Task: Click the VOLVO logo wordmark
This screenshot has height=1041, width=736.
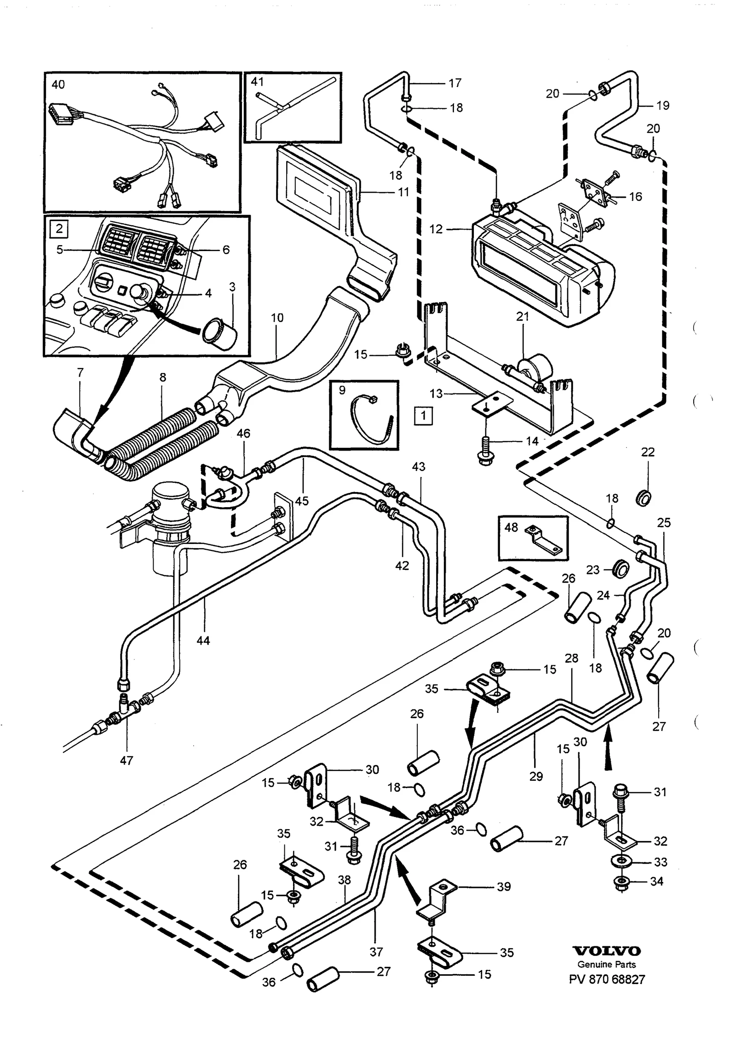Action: (606, 951)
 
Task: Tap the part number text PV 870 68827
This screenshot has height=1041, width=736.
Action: (607, 979)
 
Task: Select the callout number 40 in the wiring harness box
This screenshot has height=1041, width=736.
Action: (58, 85)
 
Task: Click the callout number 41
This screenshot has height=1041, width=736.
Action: (257, 82)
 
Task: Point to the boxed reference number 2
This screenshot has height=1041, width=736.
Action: (59, 229)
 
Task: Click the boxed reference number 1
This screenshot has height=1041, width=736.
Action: (423, 416)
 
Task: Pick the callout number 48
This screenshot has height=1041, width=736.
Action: (511, 527)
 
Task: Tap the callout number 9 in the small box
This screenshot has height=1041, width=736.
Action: (342, 390)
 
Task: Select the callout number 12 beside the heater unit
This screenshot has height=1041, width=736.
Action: (436, 229)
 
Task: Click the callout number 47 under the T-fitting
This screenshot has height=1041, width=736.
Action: (126, 761)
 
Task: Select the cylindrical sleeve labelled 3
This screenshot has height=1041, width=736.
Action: (219, 332)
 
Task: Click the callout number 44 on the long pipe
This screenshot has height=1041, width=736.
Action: (203, 640)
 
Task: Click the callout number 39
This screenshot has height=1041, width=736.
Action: (504, 887)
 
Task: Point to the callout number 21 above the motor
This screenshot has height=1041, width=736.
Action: (523, 316)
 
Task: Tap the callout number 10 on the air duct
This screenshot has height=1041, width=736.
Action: (277, 318)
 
